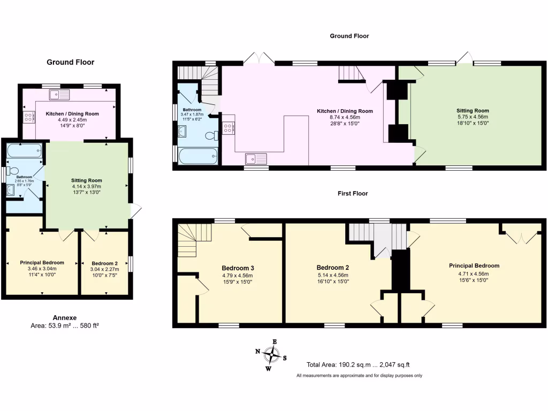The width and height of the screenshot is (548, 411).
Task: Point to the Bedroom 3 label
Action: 238,268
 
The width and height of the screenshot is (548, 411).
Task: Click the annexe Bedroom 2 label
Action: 104,263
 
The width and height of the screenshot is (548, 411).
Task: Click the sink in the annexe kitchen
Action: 59,95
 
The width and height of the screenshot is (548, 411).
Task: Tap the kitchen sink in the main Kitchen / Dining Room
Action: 256,158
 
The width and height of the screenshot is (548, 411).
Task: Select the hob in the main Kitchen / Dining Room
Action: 228,128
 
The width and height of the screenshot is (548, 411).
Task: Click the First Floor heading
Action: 353,193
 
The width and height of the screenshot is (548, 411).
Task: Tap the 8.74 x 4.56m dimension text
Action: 345,117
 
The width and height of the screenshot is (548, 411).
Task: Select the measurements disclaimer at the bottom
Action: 359,376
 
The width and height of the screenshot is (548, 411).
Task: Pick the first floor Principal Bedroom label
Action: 474,266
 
